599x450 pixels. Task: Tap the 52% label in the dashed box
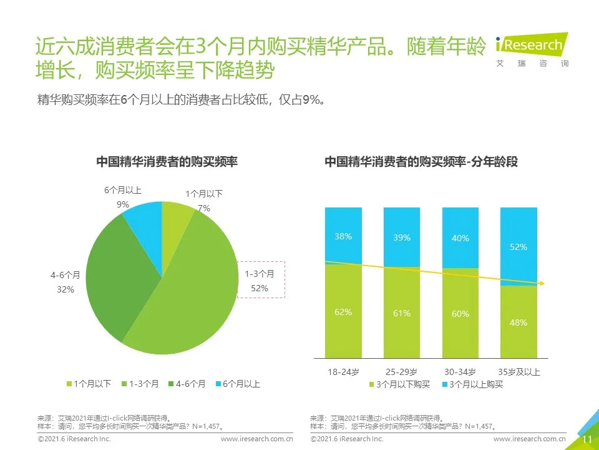[260, 288]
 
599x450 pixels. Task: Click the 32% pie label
[66, 289]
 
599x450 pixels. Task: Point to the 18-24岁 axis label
[343, 372]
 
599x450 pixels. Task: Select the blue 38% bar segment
[343, 236]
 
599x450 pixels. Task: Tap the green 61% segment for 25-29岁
[402, 312]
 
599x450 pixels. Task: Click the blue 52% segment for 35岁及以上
[519, 246]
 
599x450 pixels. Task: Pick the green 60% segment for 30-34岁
[460, 314]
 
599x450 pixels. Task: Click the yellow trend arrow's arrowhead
[542, 284]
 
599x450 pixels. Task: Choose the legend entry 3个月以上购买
[472, 384]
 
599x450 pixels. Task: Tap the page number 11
[587, 439]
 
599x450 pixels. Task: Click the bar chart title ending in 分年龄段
[421, 161]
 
